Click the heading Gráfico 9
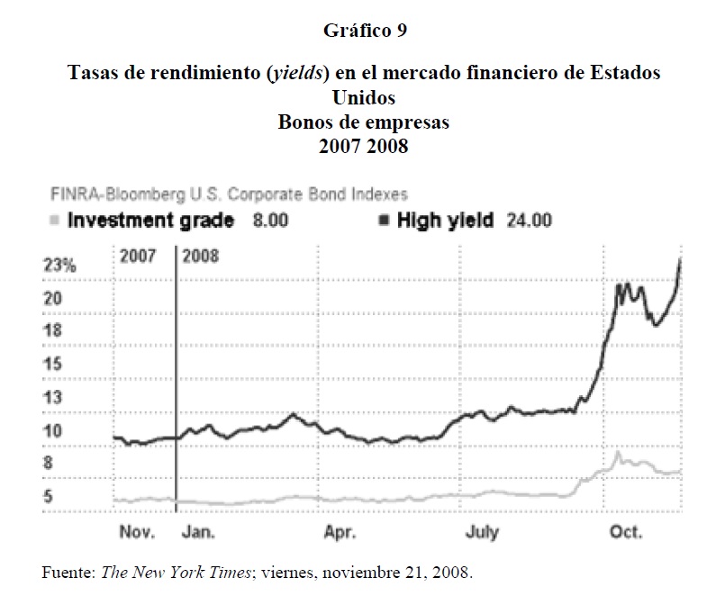(365, 31)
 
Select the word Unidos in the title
(364, 97)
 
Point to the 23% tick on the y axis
(60, 266)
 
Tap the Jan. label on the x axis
(197, 532)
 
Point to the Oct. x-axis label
(626, 532)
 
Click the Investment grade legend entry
(150, 221)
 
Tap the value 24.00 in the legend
(530, 221)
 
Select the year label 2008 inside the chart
(201, 256)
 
